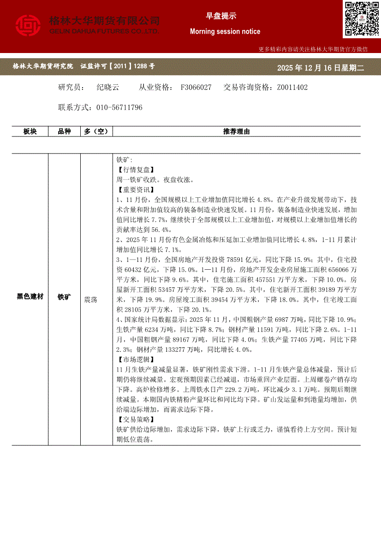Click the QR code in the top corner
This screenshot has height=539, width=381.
coord(361,19)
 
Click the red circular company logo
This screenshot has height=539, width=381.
coord(28,26)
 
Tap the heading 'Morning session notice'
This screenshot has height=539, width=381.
coord(225,31)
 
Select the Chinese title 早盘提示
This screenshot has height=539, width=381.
coord(221,16)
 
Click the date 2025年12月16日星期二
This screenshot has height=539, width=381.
coord(321,68)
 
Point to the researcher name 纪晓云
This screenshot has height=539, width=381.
coord(108,87)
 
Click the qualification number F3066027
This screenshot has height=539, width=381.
coord(196,87)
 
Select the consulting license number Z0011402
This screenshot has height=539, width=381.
coord(292,87)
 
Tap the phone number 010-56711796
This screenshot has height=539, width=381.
coord(119,107)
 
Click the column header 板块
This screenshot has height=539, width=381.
coord(30,131)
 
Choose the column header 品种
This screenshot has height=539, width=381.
coord(64,131)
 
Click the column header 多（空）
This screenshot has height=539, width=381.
coord(96,131)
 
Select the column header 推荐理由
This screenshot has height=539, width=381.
coord(236,131)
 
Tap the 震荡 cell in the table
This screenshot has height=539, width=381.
coord(91,299)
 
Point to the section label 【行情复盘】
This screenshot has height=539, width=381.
coord(136,170)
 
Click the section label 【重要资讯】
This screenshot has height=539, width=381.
coord(136,190)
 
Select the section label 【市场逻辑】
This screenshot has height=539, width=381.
coord(136,359)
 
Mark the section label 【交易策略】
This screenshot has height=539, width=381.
coord(136,419)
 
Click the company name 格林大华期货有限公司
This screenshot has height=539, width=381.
coord(104,21)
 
